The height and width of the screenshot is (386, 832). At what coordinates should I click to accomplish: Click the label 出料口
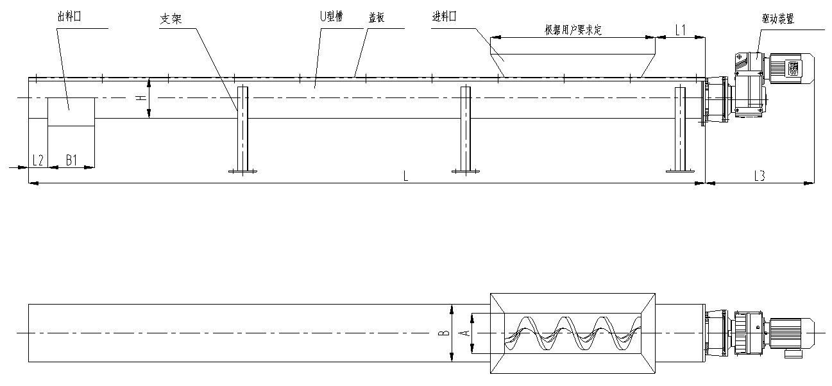[68, 19]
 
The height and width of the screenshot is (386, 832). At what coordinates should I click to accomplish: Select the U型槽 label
[332, 18]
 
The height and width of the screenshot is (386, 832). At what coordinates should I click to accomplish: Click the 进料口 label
[444, 18]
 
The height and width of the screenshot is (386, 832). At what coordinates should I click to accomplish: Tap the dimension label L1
[681, 29]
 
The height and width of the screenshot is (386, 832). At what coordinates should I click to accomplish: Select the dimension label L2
[38, 160]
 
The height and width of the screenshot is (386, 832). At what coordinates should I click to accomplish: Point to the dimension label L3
[759, 176]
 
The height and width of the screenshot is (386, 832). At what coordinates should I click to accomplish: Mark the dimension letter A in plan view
[466, 333]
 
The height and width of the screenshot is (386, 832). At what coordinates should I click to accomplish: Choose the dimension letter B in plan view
[442, 333]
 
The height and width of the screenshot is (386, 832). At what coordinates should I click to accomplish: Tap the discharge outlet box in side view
[71, 112]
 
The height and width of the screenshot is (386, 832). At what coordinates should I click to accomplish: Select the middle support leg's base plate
[465, 171]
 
